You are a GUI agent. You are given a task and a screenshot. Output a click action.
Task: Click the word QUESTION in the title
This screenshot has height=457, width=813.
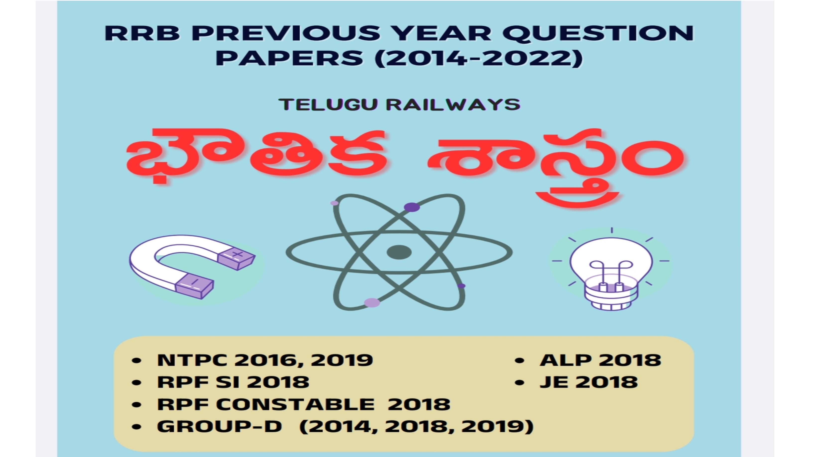tap(598, 33)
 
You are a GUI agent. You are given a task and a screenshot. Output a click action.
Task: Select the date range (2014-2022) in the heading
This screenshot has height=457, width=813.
tap(478, 58)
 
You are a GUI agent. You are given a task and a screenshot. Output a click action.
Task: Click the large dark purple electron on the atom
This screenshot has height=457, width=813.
tap(412, 207)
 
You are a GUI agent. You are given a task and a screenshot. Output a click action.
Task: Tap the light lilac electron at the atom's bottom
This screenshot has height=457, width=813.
tap(372, 303)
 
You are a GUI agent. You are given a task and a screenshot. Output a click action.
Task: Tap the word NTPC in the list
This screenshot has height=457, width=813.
tap(192, 360)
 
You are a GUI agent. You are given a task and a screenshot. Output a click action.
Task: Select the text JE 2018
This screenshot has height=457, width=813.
tap(589, 382)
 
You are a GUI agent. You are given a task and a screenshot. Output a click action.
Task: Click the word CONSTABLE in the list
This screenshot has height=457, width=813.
tap(295, 404)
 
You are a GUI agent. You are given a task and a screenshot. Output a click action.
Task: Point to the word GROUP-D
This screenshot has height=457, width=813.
tap(219, 426)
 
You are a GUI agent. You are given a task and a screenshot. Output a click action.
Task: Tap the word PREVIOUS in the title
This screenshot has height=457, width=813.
tap(286, 33)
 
